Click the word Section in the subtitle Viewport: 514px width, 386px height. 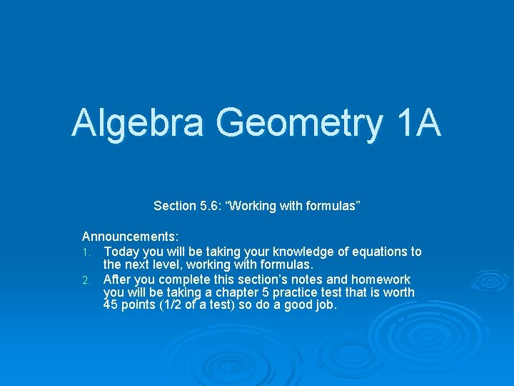pyautogui.click(x=174, y=206)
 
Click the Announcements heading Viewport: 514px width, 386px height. pyautogui.click(x=131, y=236)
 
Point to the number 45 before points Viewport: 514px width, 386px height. pyautogui.click(x=111, y=306)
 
